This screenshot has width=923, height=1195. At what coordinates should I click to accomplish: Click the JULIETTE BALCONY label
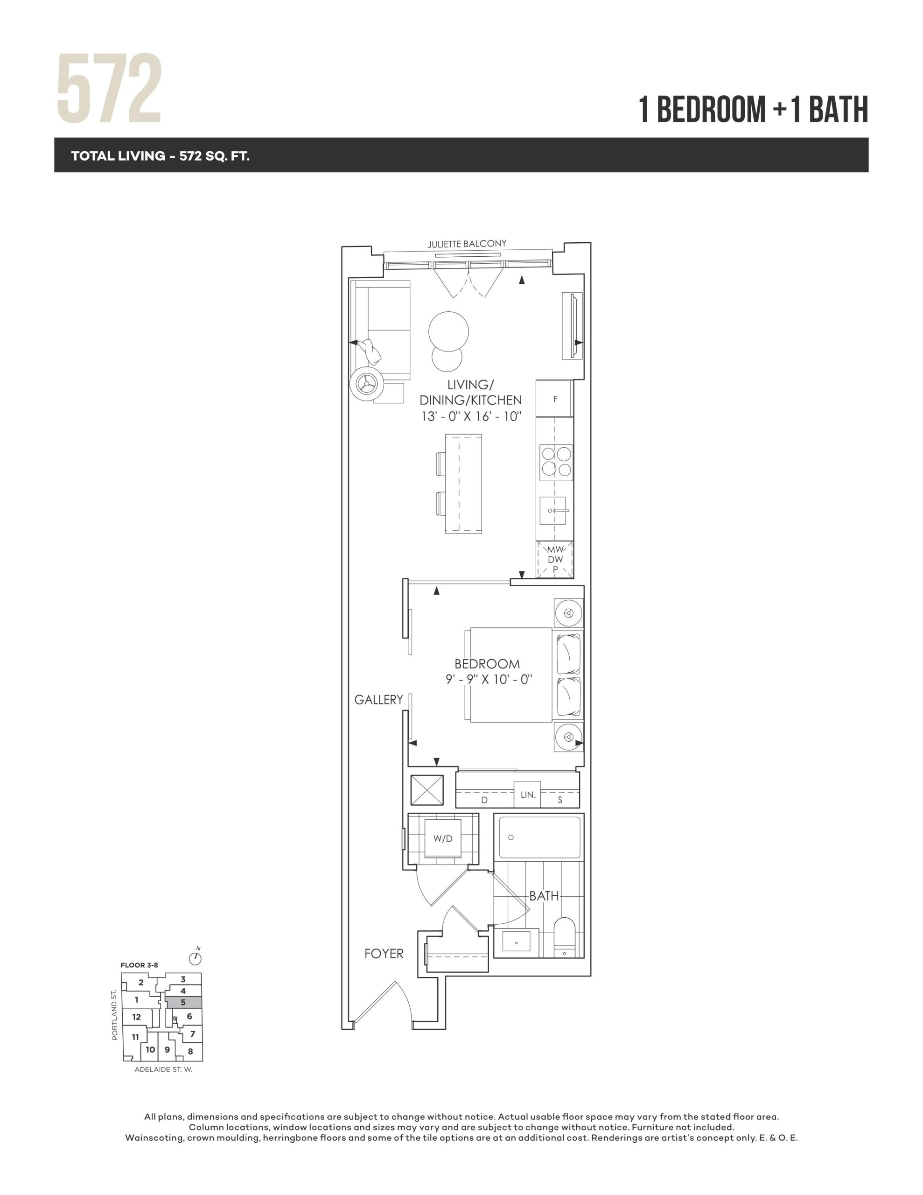[x=467, y=244]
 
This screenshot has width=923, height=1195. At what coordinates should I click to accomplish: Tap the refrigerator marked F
[x=555, y=399]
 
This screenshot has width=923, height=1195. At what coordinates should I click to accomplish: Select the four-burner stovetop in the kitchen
[x=556, y=462]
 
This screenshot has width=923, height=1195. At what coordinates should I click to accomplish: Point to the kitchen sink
[x=553, y=511]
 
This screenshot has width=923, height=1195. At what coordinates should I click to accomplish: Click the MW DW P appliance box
[x=555, y=559]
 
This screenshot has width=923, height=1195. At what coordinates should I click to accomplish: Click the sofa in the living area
[x=382, y=330]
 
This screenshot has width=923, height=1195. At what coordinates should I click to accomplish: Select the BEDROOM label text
[x=487, y=664]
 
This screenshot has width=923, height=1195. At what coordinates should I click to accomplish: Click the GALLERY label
[x=378, y=699]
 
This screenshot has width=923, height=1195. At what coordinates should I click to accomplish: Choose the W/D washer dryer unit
[x=443, y=839]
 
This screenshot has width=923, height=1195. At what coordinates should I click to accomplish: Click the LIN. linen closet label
[x=528, y=794]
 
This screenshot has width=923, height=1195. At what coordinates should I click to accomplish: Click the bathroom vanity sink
[x=517, y=943]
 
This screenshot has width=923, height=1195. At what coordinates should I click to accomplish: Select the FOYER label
[x=384, y=954]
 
